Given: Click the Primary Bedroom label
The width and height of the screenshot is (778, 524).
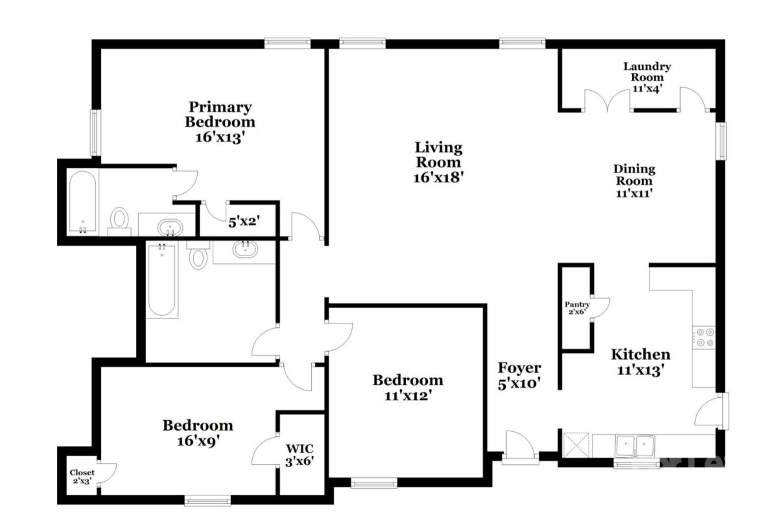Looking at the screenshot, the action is [220, 122].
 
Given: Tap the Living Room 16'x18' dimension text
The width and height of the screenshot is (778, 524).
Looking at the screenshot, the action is [439, 178].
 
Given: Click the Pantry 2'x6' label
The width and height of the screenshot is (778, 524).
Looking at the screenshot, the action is [577, 308].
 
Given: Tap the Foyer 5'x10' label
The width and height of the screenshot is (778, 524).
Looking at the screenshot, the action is [519, 375].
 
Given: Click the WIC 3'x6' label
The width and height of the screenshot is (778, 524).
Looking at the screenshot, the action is [300, 455].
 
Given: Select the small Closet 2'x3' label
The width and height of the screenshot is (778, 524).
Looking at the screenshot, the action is [82, 477].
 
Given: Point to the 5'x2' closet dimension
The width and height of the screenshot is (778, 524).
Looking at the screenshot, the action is [244, 221].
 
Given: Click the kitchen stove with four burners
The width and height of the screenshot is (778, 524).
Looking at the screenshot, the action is [703, 337].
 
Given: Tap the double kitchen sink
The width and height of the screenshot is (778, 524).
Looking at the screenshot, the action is [635, 446].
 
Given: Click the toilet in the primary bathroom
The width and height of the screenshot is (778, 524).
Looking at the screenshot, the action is [119, 222].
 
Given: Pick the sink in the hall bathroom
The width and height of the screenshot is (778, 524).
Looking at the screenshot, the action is [245, 249].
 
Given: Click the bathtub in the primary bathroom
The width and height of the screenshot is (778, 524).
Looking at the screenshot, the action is [83, 202].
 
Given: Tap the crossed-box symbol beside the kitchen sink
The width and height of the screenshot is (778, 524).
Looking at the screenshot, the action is [576, 445].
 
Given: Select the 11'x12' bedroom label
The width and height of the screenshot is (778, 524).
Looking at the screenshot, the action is [408, 387].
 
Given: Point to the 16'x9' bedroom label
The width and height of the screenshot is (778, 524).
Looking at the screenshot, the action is [198, 433].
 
